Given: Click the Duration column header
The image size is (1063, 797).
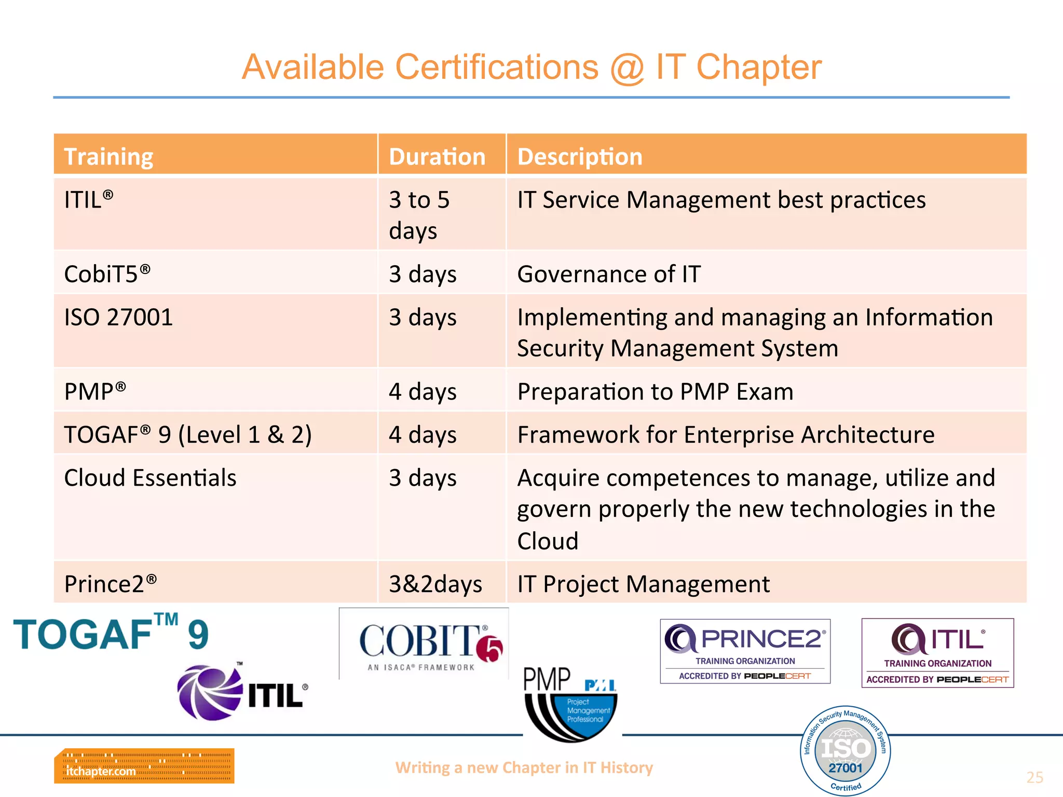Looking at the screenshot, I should (x=437, y=157).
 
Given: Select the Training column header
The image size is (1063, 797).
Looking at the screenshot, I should (x=108, y=157).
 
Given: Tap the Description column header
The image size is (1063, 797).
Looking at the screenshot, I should (x=580, y=157).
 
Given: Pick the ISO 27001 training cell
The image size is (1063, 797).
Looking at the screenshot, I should (x=118, y=317).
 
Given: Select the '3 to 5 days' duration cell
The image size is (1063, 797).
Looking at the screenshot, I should (x=419, y=215).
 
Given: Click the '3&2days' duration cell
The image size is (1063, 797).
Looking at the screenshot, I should (x=435, y=584).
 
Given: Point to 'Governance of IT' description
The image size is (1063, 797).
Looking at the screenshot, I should (x=609, y=274).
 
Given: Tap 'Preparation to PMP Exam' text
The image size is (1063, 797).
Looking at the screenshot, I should (x=655, y=392).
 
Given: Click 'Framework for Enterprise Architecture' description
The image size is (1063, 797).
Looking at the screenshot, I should (x=726, y=435).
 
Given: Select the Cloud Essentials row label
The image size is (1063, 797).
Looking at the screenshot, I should (x=150, y=478).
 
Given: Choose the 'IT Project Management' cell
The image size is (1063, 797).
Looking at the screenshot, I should (x=644, y=584).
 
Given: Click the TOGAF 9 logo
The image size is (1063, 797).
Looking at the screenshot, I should (x=111, y=634).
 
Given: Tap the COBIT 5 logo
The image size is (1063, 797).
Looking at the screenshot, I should (x=424, y=644).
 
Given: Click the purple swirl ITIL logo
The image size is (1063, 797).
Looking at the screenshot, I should (x=242, y=692).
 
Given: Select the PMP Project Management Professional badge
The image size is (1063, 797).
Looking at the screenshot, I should (x=570, y=704).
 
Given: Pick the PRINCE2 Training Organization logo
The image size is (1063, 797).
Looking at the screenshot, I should (x=745, y=651).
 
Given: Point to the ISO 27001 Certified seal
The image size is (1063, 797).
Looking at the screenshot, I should (x=846, y=750).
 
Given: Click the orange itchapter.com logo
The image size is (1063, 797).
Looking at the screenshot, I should (x=144, y=765).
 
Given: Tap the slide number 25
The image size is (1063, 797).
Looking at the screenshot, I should (x=1034, y=777).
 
